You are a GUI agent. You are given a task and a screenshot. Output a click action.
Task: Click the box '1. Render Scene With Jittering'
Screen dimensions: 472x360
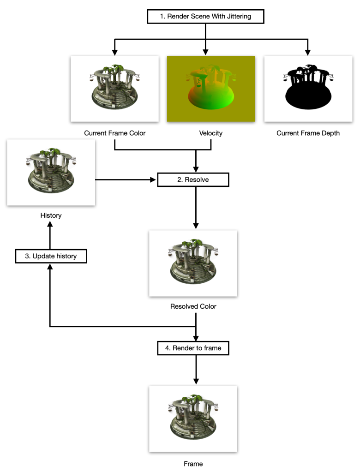click(x=205, y=17)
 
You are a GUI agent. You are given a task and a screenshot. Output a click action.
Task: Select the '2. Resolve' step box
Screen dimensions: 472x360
click(x=193, y=179)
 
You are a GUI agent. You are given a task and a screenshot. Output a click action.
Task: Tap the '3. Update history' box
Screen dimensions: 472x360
click(x=51, y=256)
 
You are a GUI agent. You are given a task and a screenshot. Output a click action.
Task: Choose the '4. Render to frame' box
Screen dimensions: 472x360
click(x=193, y=348)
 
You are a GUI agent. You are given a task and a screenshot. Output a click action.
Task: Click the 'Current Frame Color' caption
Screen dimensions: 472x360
click(x=114, y=133)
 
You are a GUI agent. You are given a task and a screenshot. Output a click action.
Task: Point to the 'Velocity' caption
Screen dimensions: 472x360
click(x=211, y=133)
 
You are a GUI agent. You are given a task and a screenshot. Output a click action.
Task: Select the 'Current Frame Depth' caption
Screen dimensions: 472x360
click(x=308, y=133)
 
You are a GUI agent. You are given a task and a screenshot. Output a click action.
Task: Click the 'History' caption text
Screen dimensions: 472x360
click(x=51, y=215)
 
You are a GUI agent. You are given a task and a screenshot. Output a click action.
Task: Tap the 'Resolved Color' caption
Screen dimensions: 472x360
click(x=193, y=306)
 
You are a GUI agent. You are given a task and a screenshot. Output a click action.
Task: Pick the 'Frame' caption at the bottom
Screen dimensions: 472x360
click(x=193, y=463)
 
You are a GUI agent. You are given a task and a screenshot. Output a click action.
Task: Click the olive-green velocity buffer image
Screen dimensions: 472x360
click(x=211, y=89)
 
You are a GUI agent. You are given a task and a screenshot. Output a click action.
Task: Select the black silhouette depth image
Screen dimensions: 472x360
click(x=308, y=89)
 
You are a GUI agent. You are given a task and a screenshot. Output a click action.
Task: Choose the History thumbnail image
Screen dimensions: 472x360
click(x=51, y=172)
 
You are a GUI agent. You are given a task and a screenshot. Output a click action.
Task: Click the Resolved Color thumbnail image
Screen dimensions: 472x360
click(x=193, y=263)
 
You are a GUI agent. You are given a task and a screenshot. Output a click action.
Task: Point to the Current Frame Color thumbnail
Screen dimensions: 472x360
click(x=114, y=89)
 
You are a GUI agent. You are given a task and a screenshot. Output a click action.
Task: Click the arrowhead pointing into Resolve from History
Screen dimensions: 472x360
click(x=154, y=179)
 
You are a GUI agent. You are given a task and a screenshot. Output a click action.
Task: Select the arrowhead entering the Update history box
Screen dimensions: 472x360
click(x=51, y=267)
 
